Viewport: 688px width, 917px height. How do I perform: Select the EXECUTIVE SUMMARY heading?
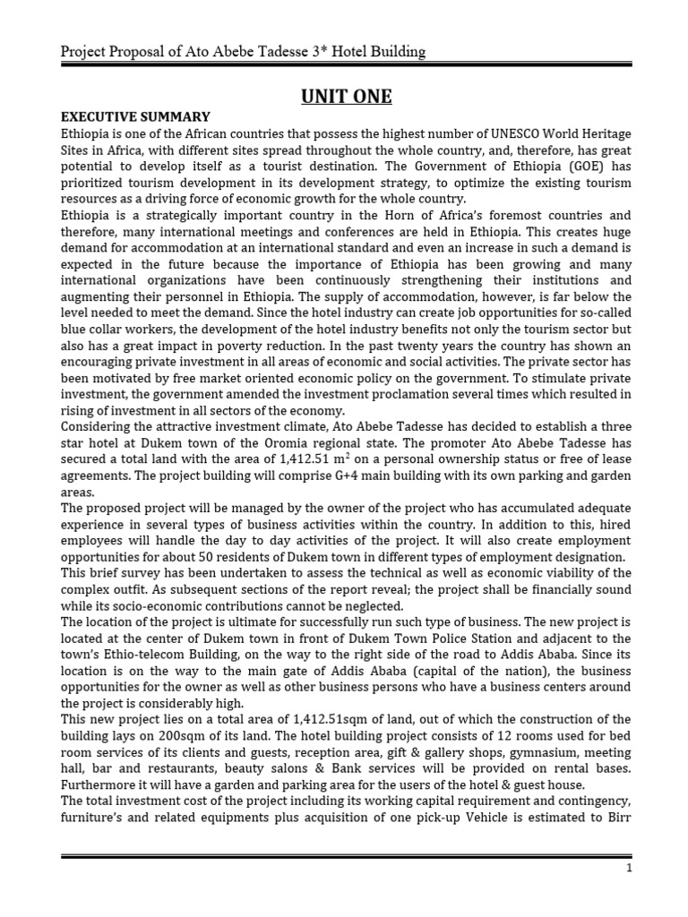pos(135,117)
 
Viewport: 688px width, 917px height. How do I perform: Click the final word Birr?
pos(616,818)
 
